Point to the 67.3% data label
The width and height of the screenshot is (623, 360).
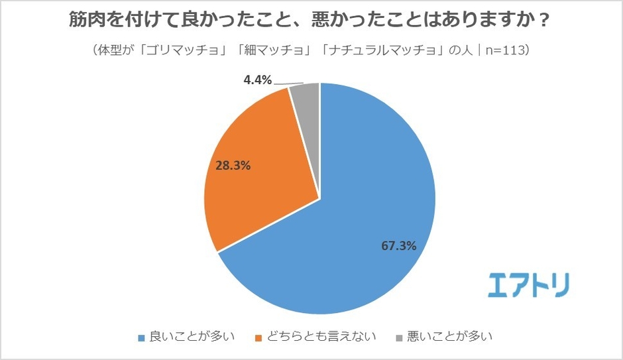[x=398, y=246]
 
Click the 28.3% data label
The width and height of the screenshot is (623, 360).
[x=233, y=165]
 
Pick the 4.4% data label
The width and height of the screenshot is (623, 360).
[x=258, y=80]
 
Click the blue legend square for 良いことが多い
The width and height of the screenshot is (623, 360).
[x=141, y=337]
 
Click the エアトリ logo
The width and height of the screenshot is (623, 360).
[x=528, y=284]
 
